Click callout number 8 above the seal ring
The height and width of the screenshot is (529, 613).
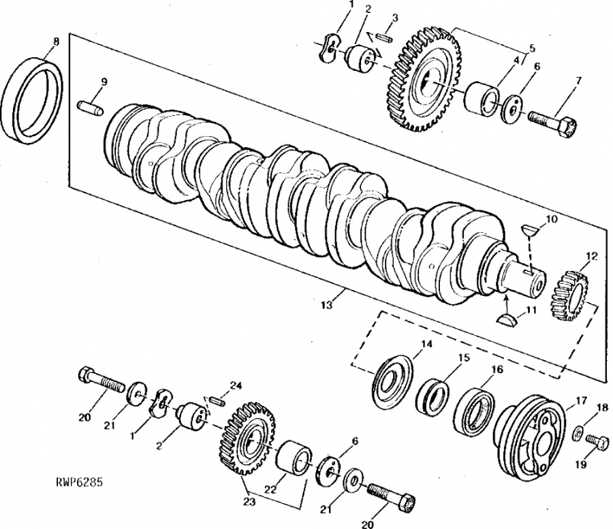pos(56,42)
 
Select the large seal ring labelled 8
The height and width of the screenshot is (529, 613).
pos(34,99)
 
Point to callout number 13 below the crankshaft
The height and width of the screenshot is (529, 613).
pos(328,306)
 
